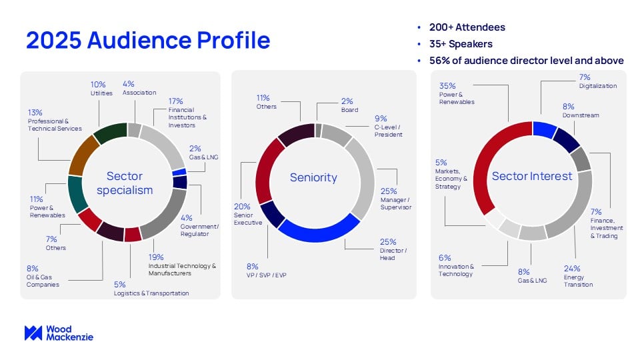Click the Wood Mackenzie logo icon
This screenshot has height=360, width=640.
coord(33,333)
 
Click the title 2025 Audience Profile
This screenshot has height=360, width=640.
coord(148,41)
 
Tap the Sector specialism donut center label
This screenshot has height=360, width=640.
coord(125,183)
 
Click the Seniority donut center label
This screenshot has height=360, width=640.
coord(313,177)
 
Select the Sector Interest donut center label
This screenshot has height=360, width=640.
coord(532,177)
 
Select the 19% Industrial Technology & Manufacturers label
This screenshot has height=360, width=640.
coord(182,265)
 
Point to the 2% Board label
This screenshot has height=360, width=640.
coord(349,105)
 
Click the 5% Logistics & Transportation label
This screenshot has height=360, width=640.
coord(151,289)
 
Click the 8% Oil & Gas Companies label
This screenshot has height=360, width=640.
coord(43,277)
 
